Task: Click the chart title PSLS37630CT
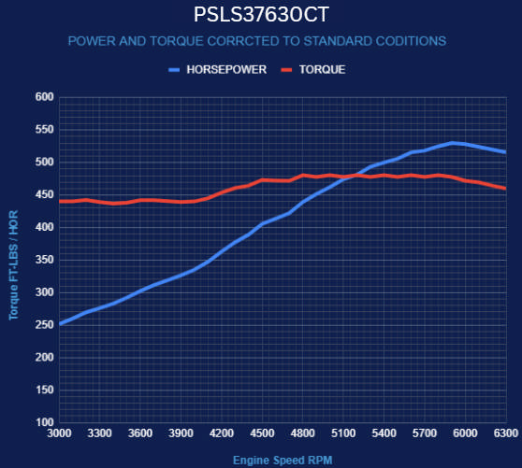(x=261, y=15)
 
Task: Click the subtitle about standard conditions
(x=257, y=41)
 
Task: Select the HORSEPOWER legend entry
(x=218, y=70)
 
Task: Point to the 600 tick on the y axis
(x=43, y=97)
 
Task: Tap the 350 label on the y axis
(x=43, y=260)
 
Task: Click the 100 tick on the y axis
(x=43, y=422)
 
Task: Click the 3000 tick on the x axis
(x=59, y=434)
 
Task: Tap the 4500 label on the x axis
(x=262, y=434)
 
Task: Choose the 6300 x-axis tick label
(x=505, y=434)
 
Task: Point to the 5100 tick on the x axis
(x=343, y=434)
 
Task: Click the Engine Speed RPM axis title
(x=283, y=460)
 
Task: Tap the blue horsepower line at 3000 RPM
(x=60, y=323)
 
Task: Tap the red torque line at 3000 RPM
(x=60, y=201)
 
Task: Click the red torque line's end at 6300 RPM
(x=505, y=189)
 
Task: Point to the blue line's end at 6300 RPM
(x=505, y=152)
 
